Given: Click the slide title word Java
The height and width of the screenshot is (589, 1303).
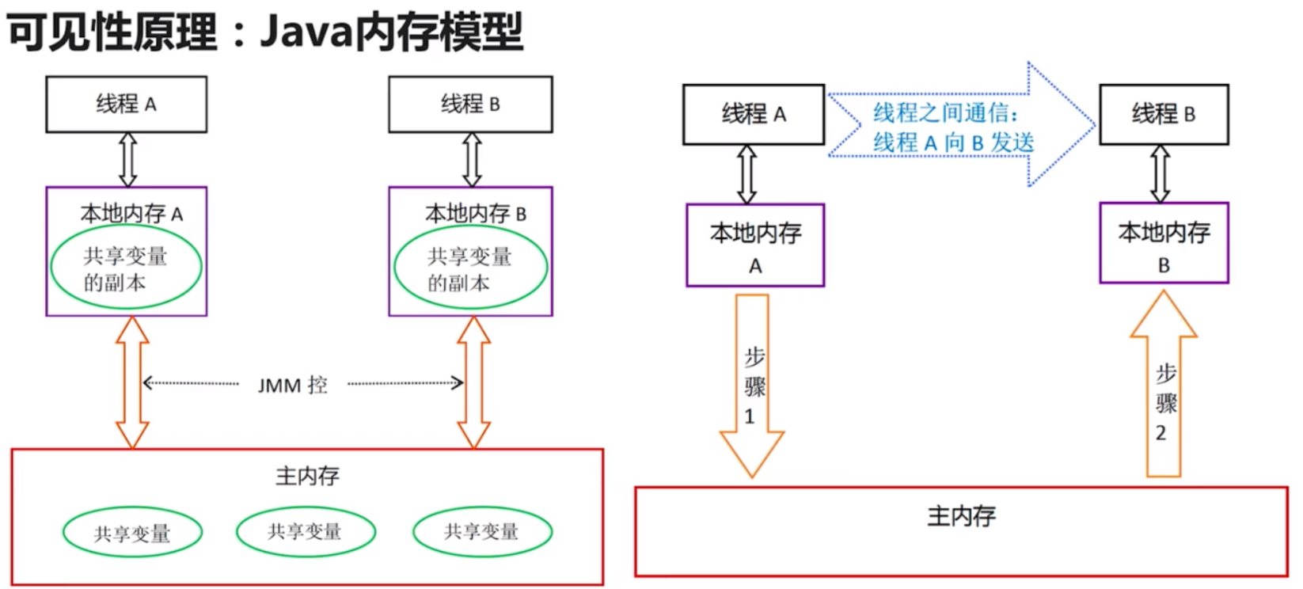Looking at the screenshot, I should (x=305, y=32).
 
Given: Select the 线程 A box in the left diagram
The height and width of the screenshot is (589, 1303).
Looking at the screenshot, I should (x=126, y=104).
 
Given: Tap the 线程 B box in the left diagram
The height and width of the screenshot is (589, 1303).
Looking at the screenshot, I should (x=470, y=104).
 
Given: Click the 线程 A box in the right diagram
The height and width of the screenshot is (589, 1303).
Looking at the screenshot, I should (x=753, y=114).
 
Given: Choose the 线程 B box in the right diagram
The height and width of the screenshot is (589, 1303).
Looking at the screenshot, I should (x=1164, y=114).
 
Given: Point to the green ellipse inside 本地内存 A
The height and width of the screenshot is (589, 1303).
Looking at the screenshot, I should (x=126, y=268).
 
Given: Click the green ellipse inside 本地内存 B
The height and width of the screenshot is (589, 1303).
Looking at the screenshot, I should (x=470, y=268).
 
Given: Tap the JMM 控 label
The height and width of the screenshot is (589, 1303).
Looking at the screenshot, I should (x=292, y=385).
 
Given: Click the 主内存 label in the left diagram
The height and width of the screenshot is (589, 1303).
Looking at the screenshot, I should (x=307, y=476).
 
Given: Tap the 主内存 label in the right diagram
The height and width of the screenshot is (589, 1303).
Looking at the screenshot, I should (x=961, y=516).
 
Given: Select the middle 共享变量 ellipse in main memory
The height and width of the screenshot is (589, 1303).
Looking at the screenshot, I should (x=306, y=531).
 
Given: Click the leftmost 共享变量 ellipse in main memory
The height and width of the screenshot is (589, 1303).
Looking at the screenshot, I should (x=132, y=533).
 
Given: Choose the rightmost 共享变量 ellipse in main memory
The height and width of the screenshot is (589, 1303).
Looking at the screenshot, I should (x=482, y=531).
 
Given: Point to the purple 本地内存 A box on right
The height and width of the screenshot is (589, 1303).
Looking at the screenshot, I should (x=755, y=245).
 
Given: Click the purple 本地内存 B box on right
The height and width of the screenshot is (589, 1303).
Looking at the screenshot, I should (x=1164, y=243).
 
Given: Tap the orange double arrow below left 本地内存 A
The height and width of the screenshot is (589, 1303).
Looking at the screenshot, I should (x=132, y=382).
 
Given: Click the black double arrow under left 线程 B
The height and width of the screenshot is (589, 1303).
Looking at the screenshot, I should (x=472, y=159).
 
